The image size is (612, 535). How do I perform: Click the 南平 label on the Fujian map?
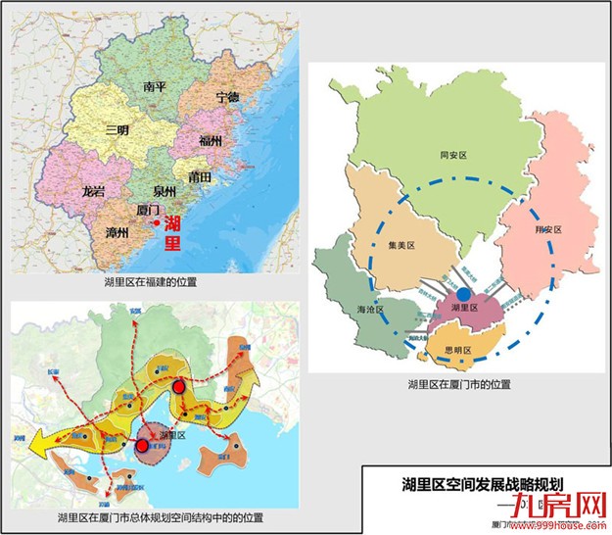coord(156,87)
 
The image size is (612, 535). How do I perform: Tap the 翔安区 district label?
coord(547,229)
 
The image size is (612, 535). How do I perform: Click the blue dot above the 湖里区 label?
coord(463,293)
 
